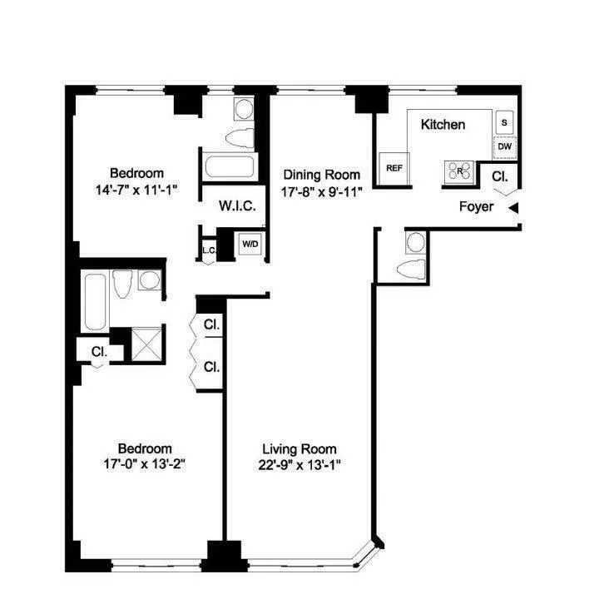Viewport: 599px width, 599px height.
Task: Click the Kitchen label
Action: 443,125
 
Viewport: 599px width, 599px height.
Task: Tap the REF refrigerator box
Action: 394,167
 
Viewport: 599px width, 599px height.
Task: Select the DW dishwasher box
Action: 504,146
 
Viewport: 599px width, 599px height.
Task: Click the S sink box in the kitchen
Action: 504,121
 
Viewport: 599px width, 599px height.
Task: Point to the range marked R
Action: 458,171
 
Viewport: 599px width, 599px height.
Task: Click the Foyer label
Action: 476,206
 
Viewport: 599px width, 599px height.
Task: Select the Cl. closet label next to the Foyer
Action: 499,177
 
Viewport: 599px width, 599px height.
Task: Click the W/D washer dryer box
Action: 249,245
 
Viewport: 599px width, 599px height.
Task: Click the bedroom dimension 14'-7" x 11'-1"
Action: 136,188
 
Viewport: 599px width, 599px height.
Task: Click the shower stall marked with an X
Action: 148,342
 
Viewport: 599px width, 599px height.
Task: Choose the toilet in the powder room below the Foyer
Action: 412,268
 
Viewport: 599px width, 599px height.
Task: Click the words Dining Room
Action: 321,175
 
